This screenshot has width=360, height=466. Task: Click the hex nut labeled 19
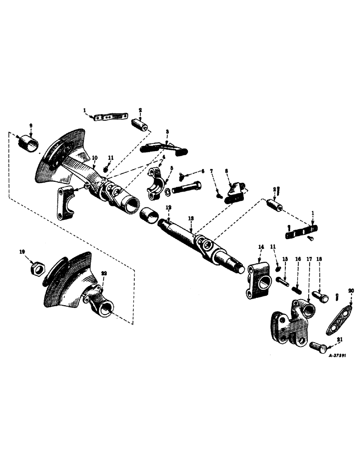pyautogui.click(x=36, y=268)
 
